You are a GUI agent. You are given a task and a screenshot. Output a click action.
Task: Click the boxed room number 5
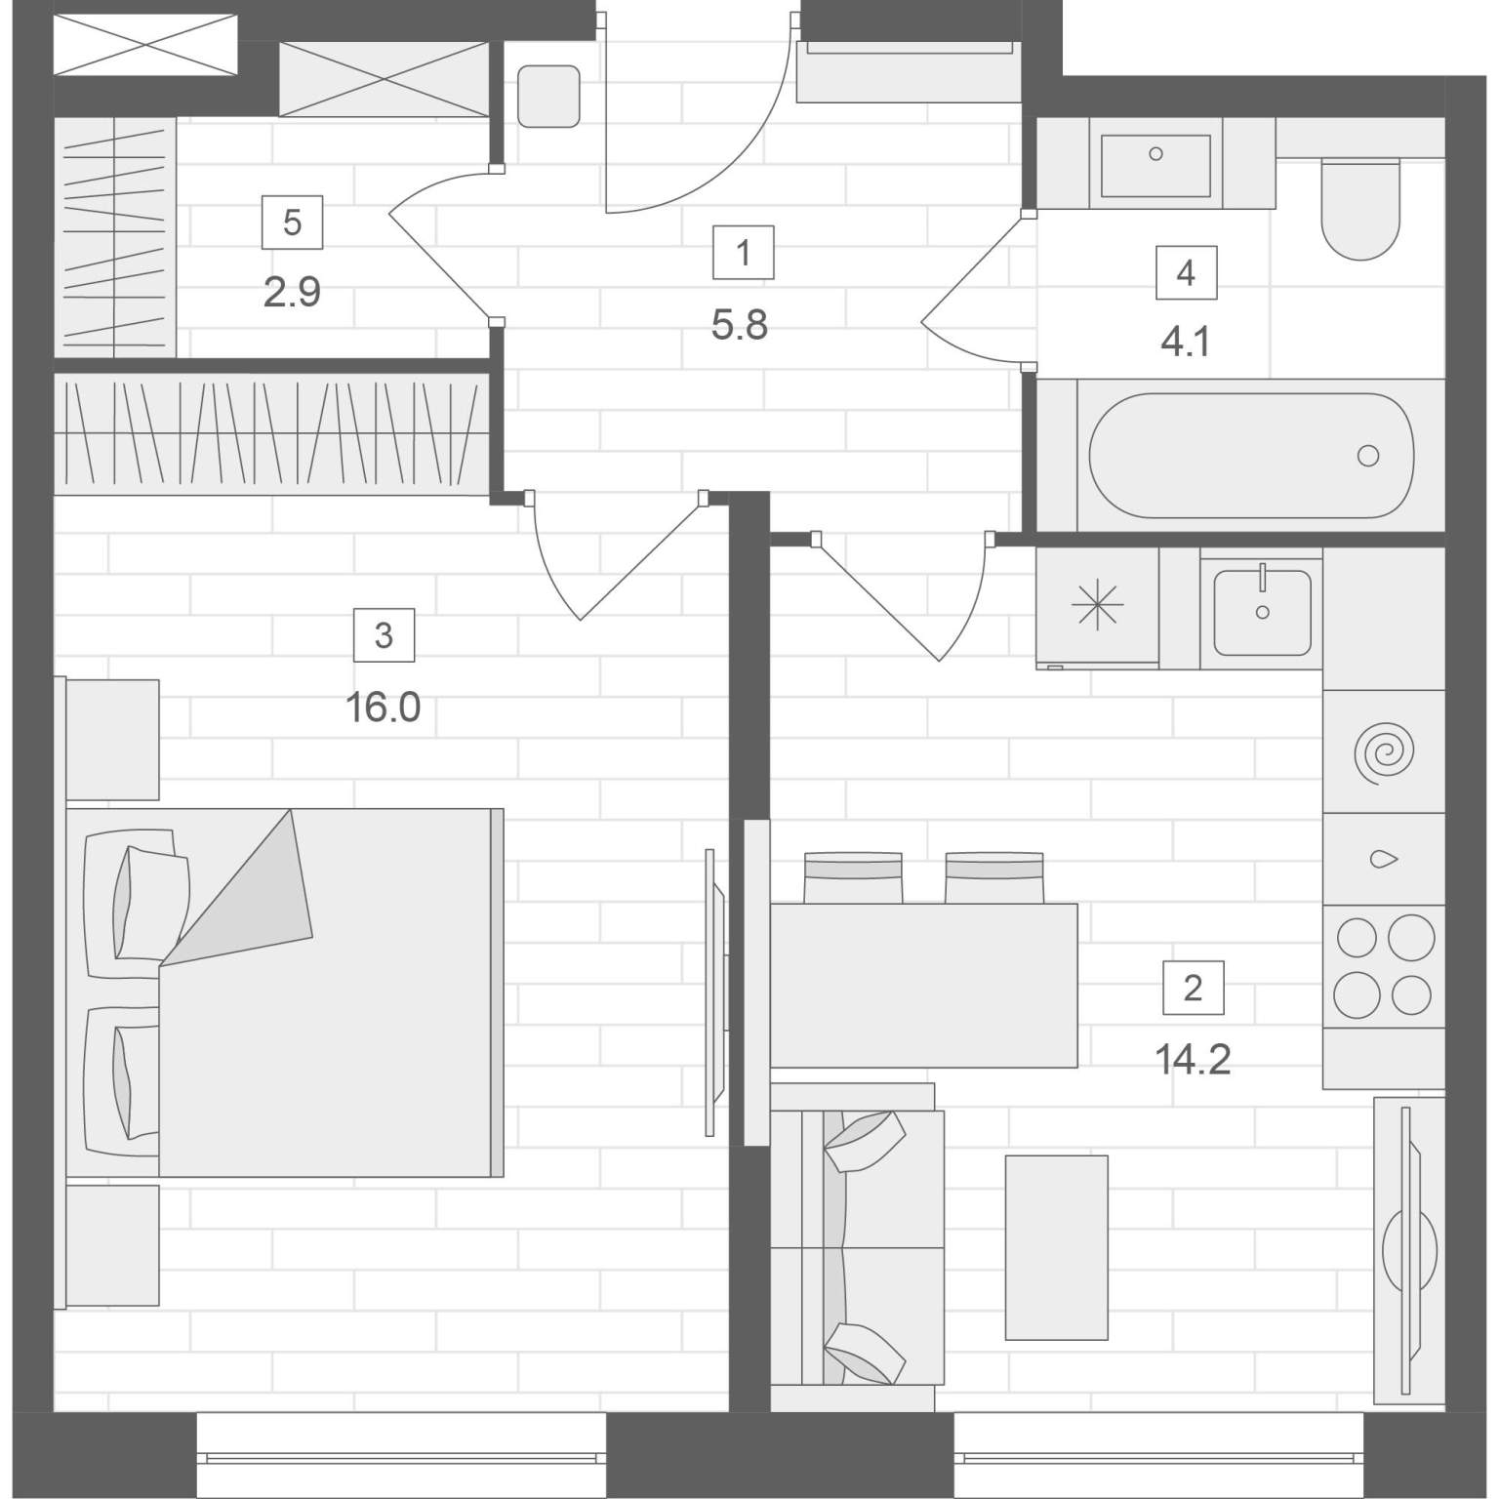292,223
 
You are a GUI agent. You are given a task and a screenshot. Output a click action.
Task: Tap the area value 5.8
740,325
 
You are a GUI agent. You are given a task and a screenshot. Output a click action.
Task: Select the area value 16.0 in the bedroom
384,707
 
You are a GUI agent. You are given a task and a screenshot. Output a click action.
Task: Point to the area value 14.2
1193,1058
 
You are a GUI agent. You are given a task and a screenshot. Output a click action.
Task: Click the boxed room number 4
1186,272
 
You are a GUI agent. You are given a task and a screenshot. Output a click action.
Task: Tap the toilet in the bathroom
1360,208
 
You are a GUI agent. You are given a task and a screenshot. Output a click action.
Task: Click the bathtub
1251,455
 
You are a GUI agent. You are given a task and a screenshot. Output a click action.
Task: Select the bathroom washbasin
1156,165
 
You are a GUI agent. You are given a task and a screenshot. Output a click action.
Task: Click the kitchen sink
1262,613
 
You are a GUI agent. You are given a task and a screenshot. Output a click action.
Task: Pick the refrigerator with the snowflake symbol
1098,607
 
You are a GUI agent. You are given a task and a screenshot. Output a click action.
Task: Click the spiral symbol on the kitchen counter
1384,752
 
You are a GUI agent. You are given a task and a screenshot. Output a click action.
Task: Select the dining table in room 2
924,986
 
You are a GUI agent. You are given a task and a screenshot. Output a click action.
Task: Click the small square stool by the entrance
548,96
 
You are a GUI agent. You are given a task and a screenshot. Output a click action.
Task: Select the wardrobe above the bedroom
272,433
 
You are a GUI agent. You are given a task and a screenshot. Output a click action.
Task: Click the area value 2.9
292,292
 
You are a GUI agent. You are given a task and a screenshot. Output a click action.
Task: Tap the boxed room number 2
1193,989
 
